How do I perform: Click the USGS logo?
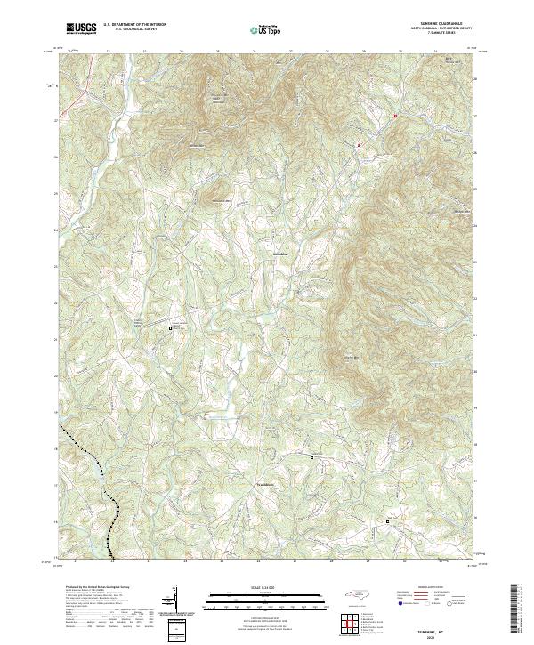pyautogui.click(x=82, y=28)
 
